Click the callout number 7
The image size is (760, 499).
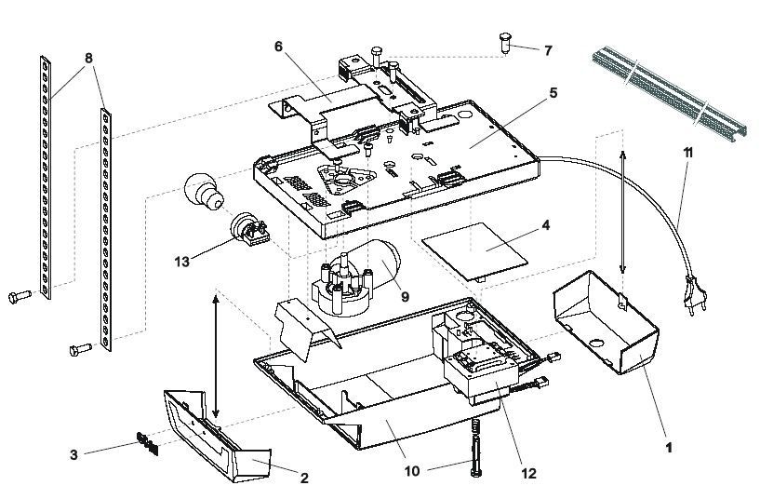548,50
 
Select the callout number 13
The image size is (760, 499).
181,262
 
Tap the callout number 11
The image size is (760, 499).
687,153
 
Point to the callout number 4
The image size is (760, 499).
546,225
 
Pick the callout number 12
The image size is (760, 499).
528,473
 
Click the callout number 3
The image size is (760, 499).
73,455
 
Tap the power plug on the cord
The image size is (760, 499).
695,292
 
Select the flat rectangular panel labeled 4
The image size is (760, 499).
474,251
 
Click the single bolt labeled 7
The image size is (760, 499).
505,42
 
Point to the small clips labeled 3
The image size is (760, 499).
147,443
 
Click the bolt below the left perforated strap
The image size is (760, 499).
20,296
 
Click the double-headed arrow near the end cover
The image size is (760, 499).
623,212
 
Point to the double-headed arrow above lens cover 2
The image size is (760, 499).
216,355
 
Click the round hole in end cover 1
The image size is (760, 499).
596,344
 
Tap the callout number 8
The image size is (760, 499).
88,59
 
